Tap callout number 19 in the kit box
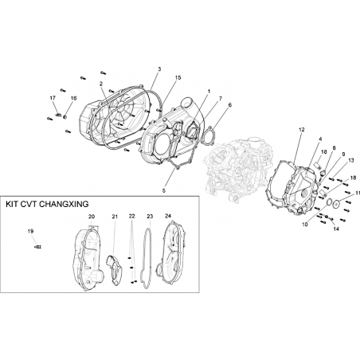[x=30, y=231]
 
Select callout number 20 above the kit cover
[x=92, y=217]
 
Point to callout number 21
[x=115, y=217]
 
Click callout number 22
[x=131, y=217]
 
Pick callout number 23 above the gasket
[x=150, y=217]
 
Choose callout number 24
[x=168, y=216]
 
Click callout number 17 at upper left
[x=53, y=98]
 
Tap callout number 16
[x=73, y=98]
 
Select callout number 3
[x=159, y=69]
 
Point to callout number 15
[x=178, y=77]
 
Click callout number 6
[x=230, y=105]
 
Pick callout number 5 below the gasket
[x=164, y=190]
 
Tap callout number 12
[x=301, y=130]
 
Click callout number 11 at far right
[x=358, y=193]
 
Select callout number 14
[x=336, y=229]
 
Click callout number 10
[x=305, y=225]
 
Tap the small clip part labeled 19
[x=38, y=247]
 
